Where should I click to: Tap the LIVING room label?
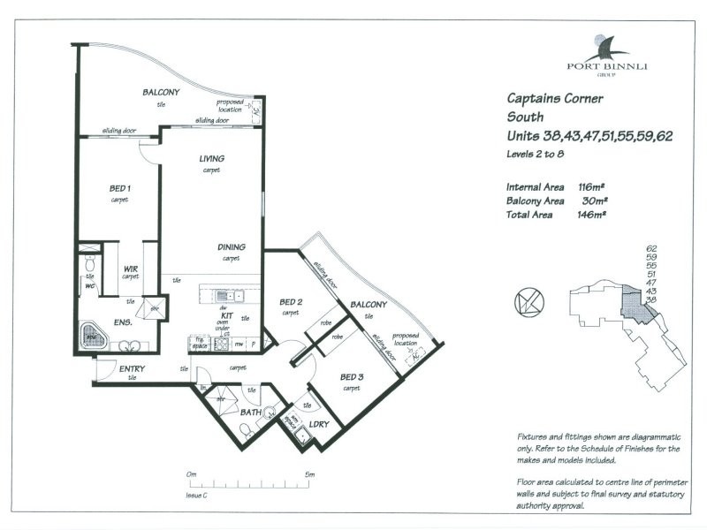coord(211,159)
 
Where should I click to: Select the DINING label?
coord(232,247)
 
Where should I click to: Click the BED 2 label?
coord(291,302)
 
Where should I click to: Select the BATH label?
coord(250,412)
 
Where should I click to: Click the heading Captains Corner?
coord(554,99)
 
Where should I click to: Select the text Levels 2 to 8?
coord(535,154)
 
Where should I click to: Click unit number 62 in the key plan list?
coord(652,249)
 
